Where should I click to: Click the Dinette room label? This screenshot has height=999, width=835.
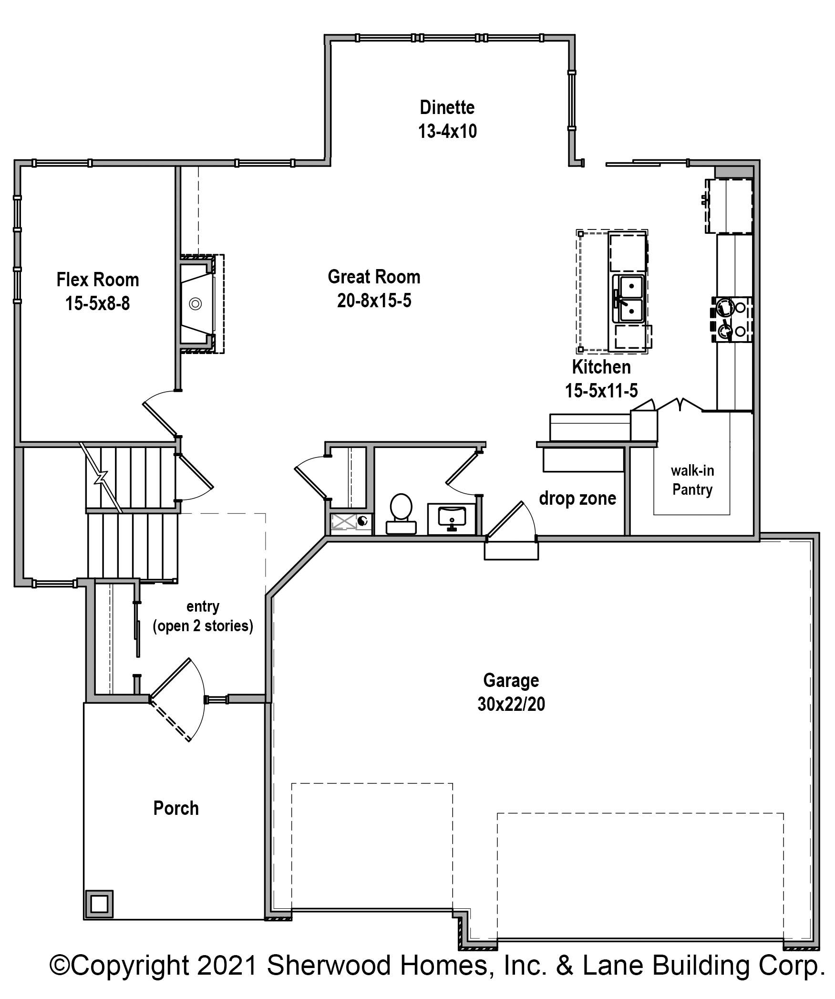click(x=447, y=107)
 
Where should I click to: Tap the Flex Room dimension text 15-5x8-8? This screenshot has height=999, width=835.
click(x=97, y=303)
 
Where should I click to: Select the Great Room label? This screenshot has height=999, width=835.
click(x=374, y=277)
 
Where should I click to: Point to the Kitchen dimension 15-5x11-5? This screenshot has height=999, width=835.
click(x=601, y=391)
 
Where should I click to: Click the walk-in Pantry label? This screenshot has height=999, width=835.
click(x=692, y=480)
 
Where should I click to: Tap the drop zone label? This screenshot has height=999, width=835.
click(x=577, y=498)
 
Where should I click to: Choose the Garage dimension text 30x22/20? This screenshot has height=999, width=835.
click(x=511, y=704)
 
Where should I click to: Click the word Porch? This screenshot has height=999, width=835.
click(x=176, y=808)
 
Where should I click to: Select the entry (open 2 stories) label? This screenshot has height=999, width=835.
click(x=203, y=616)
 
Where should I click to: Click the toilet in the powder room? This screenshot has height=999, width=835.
click(x=401, y=513)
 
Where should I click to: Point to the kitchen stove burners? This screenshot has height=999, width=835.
click(x=732, y=319)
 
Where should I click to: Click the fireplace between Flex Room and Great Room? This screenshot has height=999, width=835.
click(x=201, y=303)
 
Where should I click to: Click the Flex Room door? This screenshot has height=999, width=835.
click(x=161, y=413)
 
